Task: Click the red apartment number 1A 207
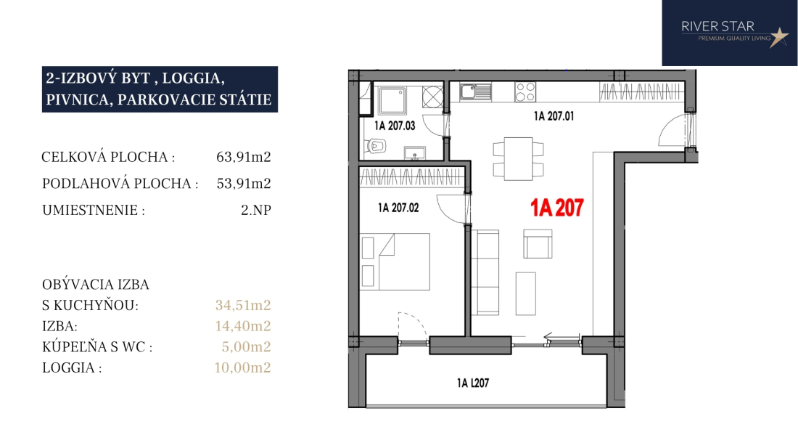pos(556,208)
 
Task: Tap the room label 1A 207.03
pos(395,126)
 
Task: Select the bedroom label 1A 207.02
pos(398,208)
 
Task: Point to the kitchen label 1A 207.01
pos(554,116)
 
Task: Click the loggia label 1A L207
pos(473,383)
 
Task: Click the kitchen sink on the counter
pos(476,92)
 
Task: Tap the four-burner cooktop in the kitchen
pos(525,92)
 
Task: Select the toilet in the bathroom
pos(374,147)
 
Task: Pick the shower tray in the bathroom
pos(392,100)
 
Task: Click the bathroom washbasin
pos(415,153)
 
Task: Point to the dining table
pos(518,159)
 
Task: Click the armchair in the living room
pos(538,244)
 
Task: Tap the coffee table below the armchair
pos(526,294)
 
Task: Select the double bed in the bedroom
pos(395,261)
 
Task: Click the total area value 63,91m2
pos(243,157)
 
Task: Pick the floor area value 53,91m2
pos(243,183)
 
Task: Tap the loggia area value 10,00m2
pos(242,367)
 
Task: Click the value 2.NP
pos(256,210)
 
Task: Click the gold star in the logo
pos(778,37)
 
